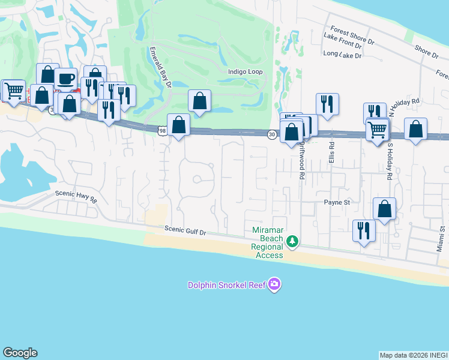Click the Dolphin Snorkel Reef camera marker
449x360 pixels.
pyautogui.click(x=274, y=283)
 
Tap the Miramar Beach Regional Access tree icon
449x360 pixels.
pyautogui.click(x=292, y=241)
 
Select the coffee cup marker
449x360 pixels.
pyautogui.click(x=65, y=79)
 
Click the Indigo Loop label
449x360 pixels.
pyautogui.click(x=246, y=71)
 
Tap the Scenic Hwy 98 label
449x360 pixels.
pyautogui.click(x=76, y=197)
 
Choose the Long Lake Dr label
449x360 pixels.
pyautogui.click(x=342, y=55)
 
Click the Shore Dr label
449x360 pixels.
pyautogui.click(x=426, y=52)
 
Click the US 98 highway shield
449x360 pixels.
pyautogui.click(x=163, y=130)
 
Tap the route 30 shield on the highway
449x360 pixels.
pyautogui.click(x=272, y=134)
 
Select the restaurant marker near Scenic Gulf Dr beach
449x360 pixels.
pyautogui.click(x=363, y=230)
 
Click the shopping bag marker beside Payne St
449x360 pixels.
pyautogui.click(x=385, y=209)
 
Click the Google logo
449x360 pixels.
pyautogui.click(x=20, y=353)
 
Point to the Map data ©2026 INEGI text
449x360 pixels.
pyautogui.click(x=414, y=355)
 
